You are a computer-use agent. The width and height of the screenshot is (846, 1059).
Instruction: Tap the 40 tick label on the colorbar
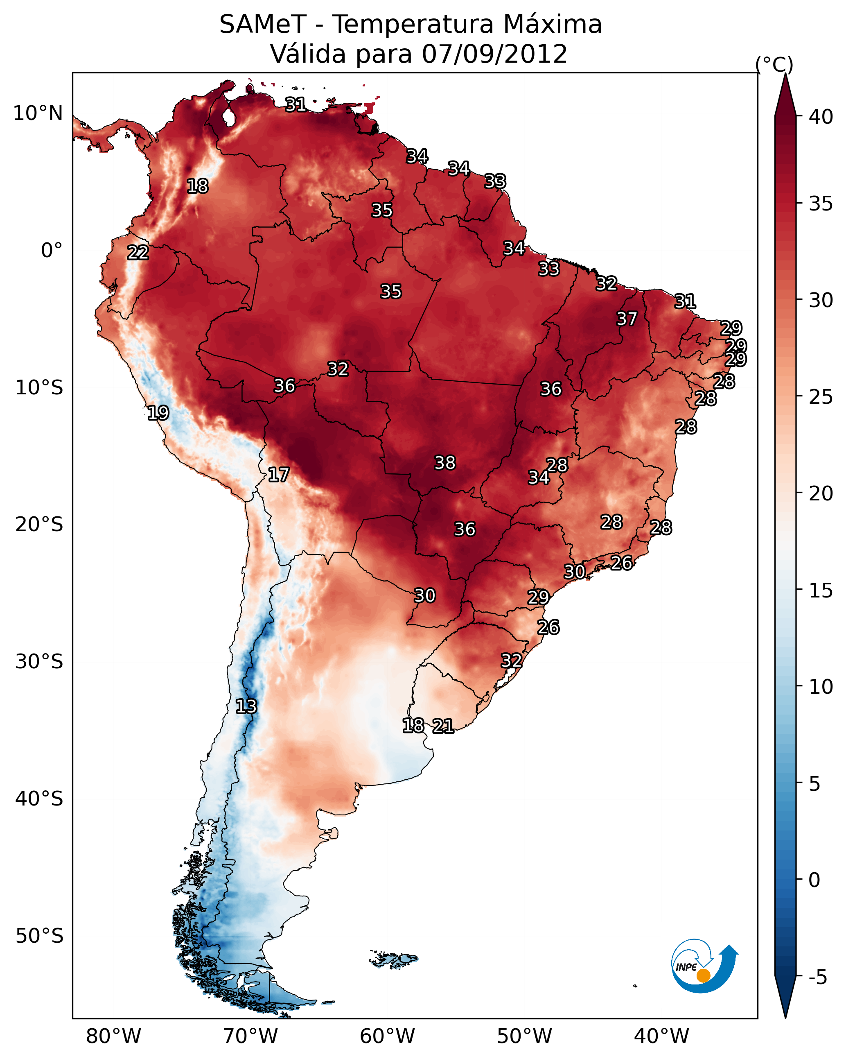pyautogui.click(x=821, y=117)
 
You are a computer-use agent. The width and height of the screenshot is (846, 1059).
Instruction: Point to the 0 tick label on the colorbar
pyautogui.click(x=814, y=880)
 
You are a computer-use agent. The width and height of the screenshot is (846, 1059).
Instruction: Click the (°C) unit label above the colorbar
pyautogui.click(x=774, y=65)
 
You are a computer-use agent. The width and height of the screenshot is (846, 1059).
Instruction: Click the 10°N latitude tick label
pyautogui.click(x=38, y=113)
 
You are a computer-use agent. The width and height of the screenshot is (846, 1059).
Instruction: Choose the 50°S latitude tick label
pyautogui.click(x=39, y=936)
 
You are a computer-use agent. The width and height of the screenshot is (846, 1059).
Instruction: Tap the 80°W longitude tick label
pyautogui.click(x=113, y=1036)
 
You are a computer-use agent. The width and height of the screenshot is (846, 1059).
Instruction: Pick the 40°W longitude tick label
pyautogui.click(x=661, y=1036)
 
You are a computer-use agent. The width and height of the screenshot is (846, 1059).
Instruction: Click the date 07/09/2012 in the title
pyautogui.click(x=494, y=54)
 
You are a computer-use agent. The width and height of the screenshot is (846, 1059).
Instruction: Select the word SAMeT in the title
pyautogui.click(x=263, y=25)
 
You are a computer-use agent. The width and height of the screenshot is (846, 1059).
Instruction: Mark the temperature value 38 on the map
pyautogui.click(x=445, y=463)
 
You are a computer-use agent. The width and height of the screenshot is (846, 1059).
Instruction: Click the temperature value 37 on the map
pyautogui.click(x=627, y=319)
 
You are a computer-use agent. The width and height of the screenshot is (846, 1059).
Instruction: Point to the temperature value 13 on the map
pyautogui.click(x=246, y=706)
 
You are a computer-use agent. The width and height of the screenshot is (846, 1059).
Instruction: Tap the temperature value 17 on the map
pyautogui.click(x=278, y=475)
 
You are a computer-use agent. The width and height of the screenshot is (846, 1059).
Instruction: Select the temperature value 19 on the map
pyautogui.click(x=158, y=413)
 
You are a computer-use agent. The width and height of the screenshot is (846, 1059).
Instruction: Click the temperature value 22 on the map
pyautogui.click(x=138, y=253)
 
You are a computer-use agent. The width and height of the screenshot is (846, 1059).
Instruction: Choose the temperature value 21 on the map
pyautogui.click(x=443, y=726)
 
